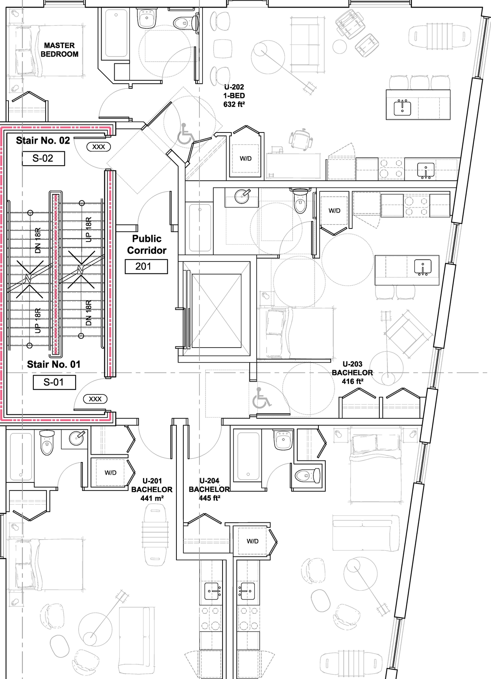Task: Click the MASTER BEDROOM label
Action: coord(59,50)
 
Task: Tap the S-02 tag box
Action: coord(43,158)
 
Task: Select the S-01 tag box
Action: coord(54,382)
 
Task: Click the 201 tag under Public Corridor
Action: coord(146,267)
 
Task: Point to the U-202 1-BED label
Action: coord(234,96)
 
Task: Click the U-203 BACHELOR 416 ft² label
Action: coord(352,373)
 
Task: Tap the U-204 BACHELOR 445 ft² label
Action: coord(209,489)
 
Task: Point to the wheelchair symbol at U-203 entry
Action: coord(261,398)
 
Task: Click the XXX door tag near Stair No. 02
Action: coord(99,147)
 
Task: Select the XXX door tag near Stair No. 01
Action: coord(95,399)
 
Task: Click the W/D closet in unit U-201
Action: coord(110,473)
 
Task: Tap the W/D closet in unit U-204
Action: coord(252,541)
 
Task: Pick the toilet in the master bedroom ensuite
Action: coord(184,23)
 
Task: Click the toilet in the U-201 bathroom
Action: coord(47,442)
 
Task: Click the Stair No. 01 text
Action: coord(54,364)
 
